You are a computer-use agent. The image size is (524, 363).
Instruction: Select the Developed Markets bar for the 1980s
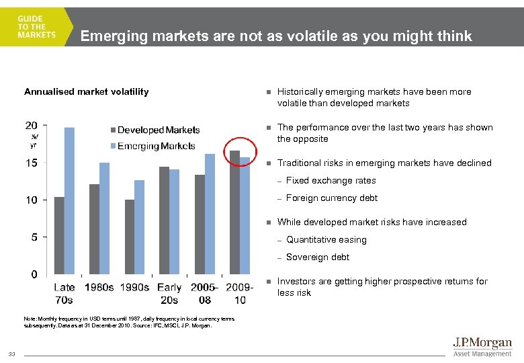tap(94, 229)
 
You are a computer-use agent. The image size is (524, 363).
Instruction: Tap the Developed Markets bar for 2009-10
tap(234, 212)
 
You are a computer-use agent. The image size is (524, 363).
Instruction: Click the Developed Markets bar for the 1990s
tap(130, 237)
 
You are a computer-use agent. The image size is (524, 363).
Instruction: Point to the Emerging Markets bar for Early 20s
tap(175, 221)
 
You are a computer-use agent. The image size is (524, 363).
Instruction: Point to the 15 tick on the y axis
tap(32, 163)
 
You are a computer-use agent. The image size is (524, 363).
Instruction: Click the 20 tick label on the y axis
tap(32, 125)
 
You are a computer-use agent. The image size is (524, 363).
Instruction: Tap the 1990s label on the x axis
tap(135, 288)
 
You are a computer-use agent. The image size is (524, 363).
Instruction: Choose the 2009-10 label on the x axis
tap(239, 293)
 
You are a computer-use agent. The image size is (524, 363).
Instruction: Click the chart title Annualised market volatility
tap(87, 91)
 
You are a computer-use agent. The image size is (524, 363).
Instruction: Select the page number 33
tap(12, 354)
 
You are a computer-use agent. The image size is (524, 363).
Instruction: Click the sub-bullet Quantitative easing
tap(326, 240)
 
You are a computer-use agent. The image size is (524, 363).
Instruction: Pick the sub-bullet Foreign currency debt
tap(332, 198)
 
